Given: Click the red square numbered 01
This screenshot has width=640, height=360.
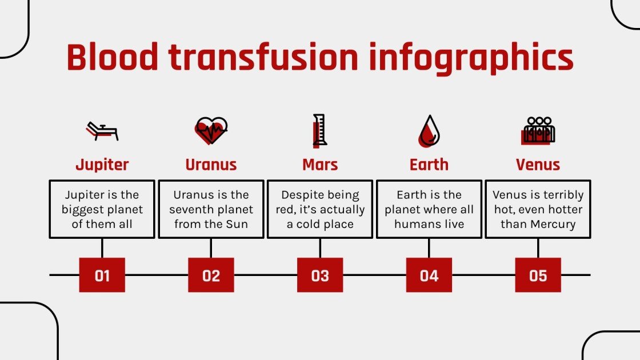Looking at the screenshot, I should coord(102,275).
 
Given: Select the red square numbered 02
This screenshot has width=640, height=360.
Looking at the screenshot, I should coord(211,275).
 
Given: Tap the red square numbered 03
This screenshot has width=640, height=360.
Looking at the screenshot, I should coord(320,275).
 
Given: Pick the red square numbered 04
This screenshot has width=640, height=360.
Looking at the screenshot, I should coord(429,275).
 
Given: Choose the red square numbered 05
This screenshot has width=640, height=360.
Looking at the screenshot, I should coord(538,275).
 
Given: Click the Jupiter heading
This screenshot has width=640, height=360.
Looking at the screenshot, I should coord(102,165).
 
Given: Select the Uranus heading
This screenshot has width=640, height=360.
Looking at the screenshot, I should coord(211,165).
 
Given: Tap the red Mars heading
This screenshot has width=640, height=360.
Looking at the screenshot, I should coord(320,165).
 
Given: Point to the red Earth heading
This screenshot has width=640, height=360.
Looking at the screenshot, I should coord(429,165).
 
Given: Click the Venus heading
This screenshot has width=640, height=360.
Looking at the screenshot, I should coord(538,165).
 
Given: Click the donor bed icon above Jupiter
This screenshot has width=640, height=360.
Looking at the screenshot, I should coord(102,131).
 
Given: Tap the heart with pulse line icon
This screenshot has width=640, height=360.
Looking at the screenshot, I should coord(211,131).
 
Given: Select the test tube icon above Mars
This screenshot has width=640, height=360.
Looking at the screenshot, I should coord(319,130).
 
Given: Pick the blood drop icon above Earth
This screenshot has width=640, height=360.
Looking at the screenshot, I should coord(429,131).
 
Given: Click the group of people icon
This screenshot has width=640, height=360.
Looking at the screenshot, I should coord(538,130).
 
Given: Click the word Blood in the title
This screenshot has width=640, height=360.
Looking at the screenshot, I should coord(112,57).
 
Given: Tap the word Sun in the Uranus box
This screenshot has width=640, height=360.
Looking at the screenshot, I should coord(237,224).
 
